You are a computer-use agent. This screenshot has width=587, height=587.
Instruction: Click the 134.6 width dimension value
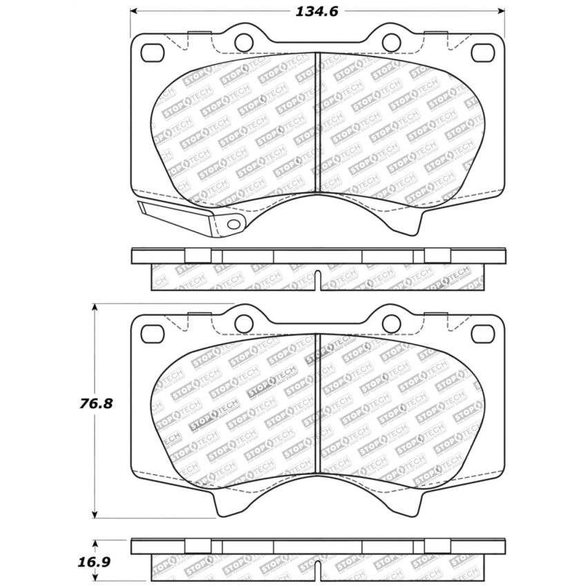pyautogui.click(x=316, y=12)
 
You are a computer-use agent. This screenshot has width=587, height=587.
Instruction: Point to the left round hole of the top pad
pyautogui.click(x=242, y=42)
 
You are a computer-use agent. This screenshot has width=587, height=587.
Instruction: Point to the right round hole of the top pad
pyautogui.click(x=391, y=42)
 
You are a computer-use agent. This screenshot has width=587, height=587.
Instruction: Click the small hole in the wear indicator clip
pyautogui.click(x=233, y=224)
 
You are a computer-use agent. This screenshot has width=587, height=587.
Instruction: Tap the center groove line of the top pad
pyautogui.click(x=316, y=124)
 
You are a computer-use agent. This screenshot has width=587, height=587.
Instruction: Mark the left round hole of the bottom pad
pyautogui.click(x=242, y=323)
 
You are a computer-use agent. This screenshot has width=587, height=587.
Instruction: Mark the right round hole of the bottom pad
pyautogui.click(x=391, y=323)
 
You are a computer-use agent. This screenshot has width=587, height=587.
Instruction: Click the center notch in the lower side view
pyautogui.click(x=318, y=569)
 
